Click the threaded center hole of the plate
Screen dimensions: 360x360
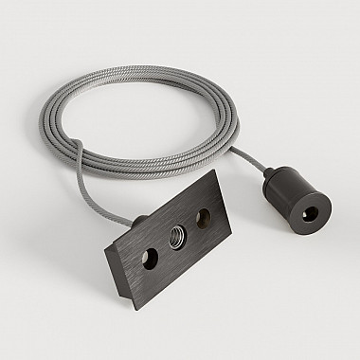tap(176, 241)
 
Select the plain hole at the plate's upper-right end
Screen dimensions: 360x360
tap(202, 221)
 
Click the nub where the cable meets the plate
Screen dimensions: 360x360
tap(138, 222)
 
